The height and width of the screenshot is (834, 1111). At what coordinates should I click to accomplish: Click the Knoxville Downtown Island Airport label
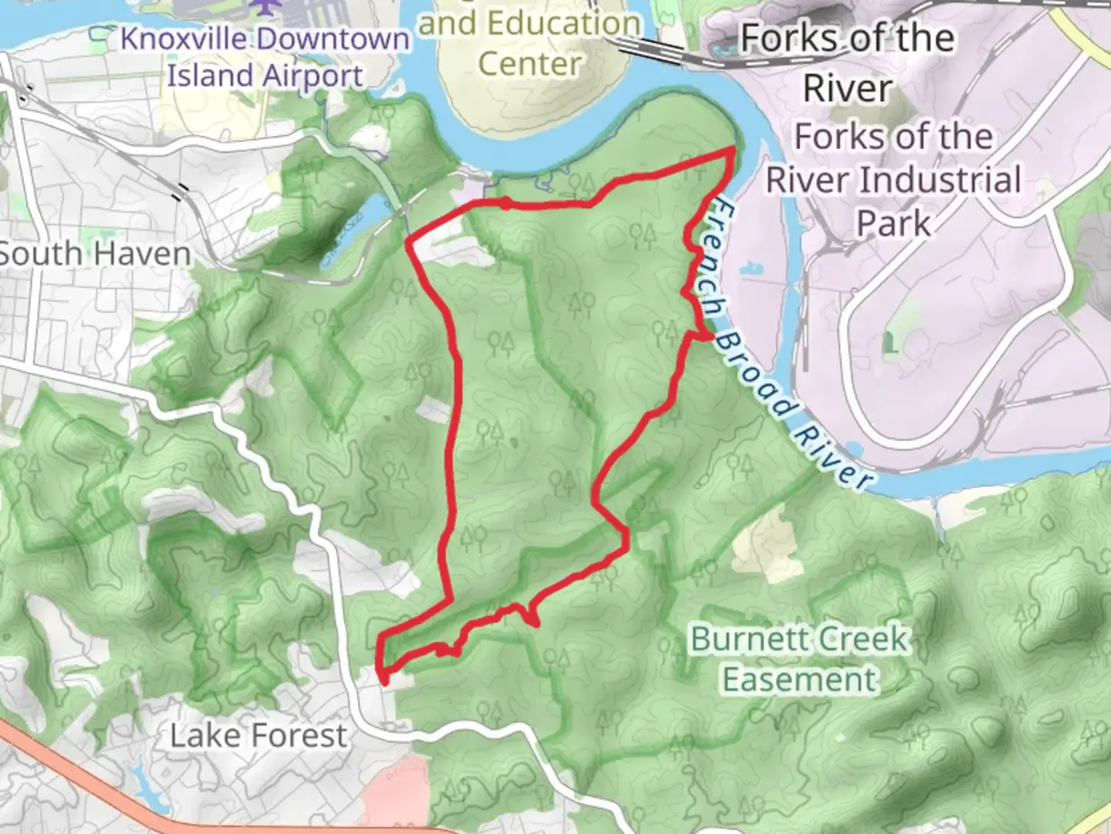coord(265,58)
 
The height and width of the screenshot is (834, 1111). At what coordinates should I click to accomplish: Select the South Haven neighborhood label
coord(94,254)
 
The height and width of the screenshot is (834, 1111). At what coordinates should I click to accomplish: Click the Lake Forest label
coord(258,736)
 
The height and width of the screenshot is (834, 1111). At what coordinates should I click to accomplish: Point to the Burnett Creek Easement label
coord(800,659)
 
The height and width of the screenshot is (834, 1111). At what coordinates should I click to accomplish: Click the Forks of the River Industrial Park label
coord(893,180)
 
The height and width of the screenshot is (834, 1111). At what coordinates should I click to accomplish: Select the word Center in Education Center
coord(529,64)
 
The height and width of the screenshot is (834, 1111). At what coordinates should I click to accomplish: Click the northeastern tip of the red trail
coord(732,151)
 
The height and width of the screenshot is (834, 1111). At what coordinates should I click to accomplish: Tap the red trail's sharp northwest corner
coord(408,242)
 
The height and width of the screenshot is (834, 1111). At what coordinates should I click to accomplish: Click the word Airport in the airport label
coord(312,76)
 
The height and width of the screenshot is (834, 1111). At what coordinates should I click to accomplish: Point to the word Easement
coord(800,680)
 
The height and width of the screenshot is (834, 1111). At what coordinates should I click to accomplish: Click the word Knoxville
coord(183,39)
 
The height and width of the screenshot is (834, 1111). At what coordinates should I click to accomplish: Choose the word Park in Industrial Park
coord(894,223)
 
